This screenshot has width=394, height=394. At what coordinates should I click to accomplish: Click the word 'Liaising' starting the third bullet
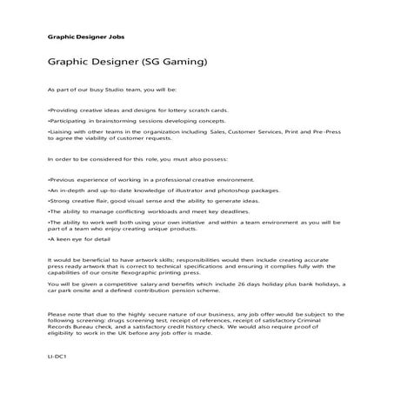[62, 133]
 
